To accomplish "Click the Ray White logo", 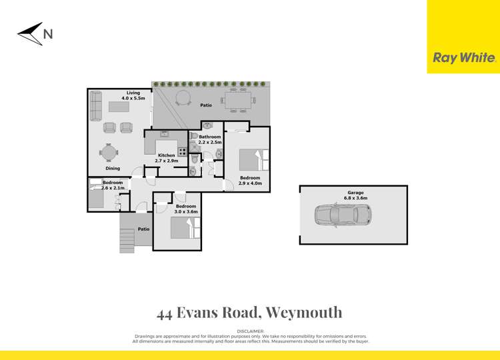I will pos(464,58).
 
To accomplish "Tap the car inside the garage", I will pos(342,215).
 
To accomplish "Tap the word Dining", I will pos(112,169).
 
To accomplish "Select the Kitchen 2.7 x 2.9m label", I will pos(166,158).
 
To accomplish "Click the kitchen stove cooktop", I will pos(182,151).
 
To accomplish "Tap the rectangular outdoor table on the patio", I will pos(238,101).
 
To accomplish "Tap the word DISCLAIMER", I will pos(250,331).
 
